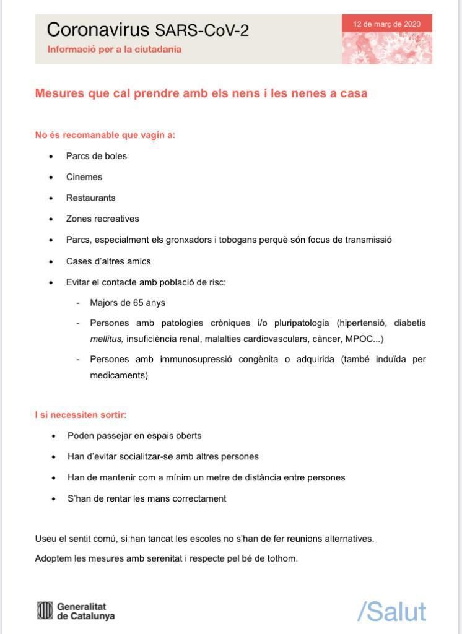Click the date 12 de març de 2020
tap(386, 24)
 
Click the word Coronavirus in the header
tap(98, 29)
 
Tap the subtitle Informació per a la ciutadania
tap(114, 49)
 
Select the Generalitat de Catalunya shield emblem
tap(45, 611)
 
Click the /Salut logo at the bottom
tap(391, 612)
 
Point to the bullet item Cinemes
tap(84, 177)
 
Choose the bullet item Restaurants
tap(91, 198)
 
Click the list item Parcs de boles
tap(97, 156)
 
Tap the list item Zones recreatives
tap(103, 219)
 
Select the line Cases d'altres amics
tap(108, 261)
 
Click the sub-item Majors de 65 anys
tap(128, 303)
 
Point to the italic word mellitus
tap(107, 339)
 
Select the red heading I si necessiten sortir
tap(81, 415)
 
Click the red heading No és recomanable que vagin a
tap(105, 135)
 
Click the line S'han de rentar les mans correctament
tap(147, 498)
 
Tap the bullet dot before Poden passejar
tap(54, 436)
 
